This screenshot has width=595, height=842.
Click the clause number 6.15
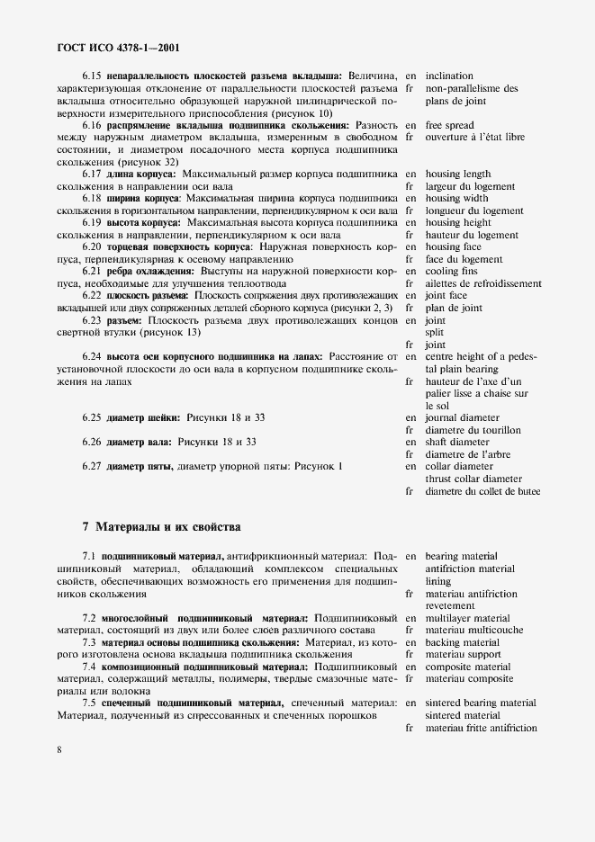(92, 76)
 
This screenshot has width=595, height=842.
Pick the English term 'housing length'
(458, 174)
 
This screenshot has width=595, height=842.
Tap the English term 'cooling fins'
(453, 271)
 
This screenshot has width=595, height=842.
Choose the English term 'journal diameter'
(462, 418)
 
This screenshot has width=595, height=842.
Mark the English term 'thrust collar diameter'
(473, 479)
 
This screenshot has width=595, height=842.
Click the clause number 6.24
(92, 356)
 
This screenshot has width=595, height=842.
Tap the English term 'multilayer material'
(467, 619)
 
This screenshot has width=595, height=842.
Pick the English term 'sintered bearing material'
(481, 703)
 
